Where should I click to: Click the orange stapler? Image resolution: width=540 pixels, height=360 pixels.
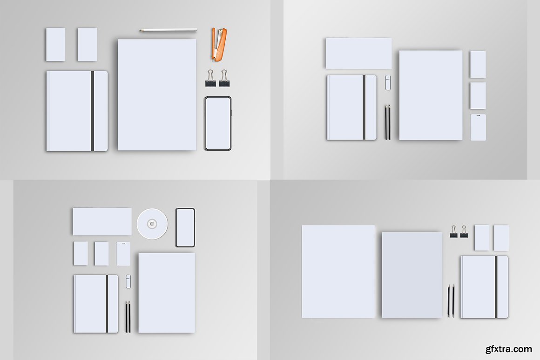pos(219,45)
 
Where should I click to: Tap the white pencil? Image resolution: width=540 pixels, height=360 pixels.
pos(168,30)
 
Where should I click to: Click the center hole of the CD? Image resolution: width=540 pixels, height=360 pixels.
pos(152,224)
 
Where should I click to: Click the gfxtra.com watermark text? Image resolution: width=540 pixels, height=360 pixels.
pos(509,349)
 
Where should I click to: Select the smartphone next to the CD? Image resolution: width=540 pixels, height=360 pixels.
pos(185,227)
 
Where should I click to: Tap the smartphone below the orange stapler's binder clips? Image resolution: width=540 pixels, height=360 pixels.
pos(218,124)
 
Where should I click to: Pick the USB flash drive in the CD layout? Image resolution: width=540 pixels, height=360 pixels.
pos(128,281)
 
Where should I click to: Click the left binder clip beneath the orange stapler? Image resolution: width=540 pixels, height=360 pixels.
pos(210,79)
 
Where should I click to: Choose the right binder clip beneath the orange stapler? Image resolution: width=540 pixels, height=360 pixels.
pos(224,79)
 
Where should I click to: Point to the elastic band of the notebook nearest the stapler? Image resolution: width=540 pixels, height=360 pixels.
pos(92,111)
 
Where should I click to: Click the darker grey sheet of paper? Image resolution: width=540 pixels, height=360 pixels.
pos(412,274)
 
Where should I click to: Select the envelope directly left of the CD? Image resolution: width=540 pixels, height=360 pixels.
pos(102,221)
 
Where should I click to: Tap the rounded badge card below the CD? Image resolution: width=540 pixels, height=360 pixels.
pos(123,253)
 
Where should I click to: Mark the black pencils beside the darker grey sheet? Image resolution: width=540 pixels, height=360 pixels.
pos(451,301)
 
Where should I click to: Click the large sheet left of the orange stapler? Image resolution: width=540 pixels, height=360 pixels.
pos(157,94)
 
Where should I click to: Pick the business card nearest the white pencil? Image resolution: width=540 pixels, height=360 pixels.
pos(88,45)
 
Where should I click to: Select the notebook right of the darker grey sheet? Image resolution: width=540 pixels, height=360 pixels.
pos(484,287)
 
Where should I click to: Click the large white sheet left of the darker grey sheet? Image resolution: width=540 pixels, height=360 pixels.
pos(338,272)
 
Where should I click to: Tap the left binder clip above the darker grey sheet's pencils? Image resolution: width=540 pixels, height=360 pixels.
pos(454,232)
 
